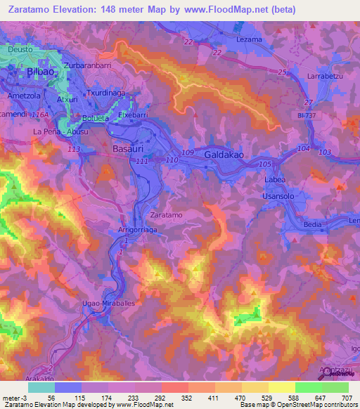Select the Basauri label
point(128,149)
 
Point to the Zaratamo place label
point(167,214)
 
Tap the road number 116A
point(42,113)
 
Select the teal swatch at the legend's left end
point(41,387)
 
